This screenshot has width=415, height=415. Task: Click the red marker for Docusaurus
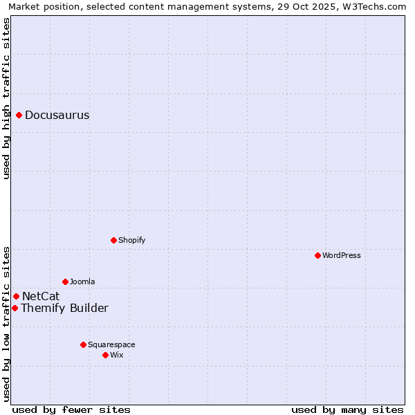pos(19,115)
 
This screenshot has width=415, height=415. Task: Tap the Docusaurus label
pos(57,116)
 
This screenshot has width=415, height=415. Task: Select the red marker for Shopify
pos(113,240)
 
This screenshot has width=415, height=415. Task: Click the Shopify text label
pos(131,241)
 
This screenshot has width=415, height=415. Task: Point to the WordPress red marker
pos(317,255)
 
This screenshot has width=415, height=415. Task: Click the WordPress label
pos(342,256)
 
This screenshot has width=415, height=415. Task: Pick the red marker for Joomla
pos(65,282)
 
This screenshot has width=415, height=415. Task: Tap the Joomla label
pos(82,282)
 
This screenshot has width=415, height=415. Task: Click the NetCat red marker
pos(16,296)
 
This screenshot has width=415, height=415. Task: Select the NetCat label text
pos(41,297)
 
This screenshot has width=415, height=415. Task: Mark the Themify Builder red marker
pos(15,308)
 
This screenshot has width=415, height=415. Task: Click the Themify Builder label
pos(64,308)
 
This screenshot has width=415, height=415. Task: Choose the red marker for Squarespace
pos(83,344)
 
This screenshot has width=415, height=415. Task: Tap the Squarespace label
pos(111,345)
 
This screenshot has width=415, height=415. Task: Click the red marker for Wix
pos(105,355)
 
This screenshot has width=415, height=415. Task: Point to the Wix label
pos(117,356)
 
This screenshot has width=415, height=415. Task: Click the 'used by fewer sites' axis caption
pos(71,409)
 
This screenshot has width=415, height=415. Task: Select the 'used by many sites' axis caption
pos(347,409)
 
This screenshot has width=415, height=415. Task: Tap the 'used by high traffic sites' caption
pos(6,98)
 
